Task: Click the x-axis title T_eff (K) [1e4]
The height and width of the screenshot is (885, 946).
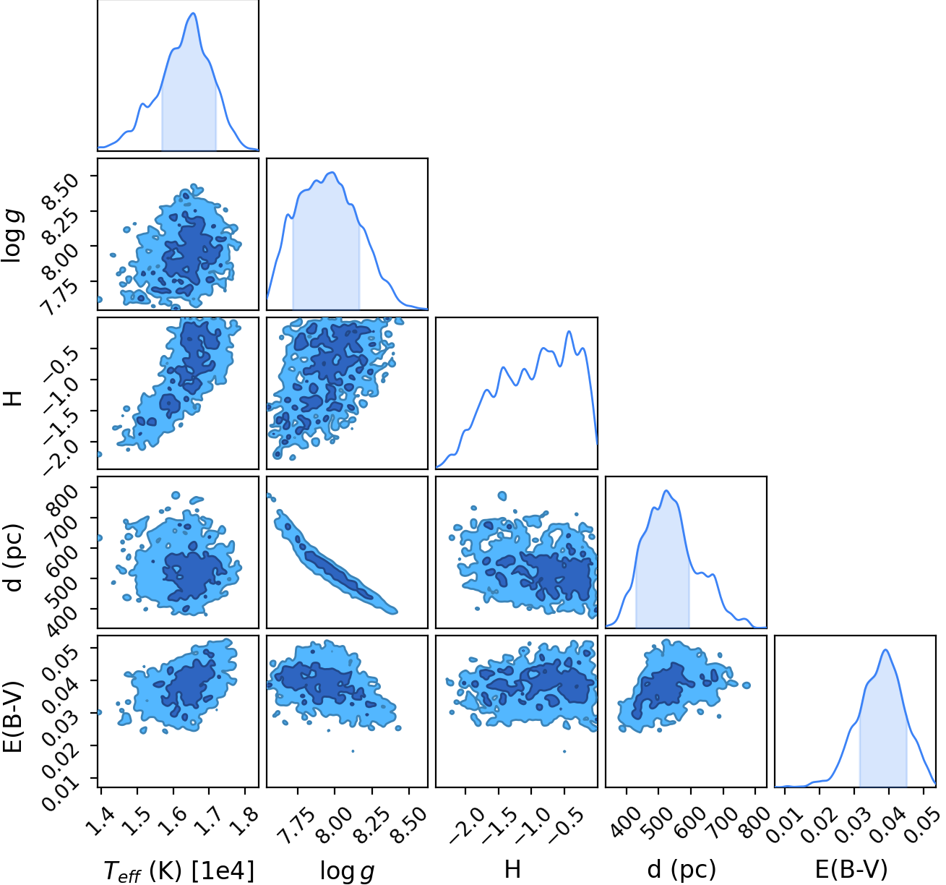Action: (179, 871)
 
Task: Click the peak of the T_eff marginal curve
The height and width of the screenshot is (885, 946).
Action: (194, 13)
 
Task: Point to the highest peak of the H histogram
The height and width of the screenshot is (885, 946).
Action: (569, 332)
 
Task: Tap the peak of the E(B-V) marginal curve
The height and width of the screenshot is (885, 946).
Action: (885, 649)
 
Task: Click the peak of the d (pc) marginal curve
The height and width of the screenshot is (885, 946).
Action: (666, 490)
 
